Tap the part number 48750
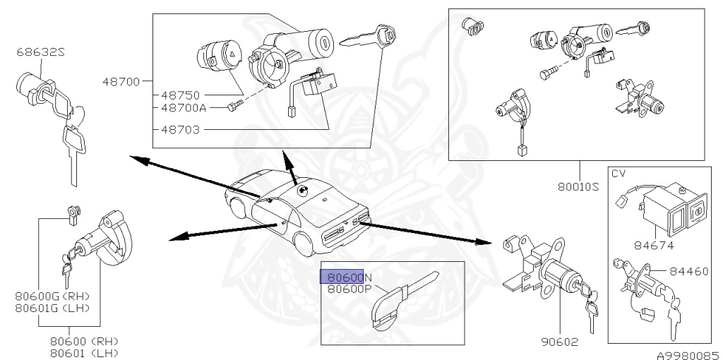tap(181, 95)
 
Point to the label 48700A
tap(184, 107)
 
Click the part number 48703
tap(181, 130)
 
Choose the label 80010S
tap(578, 186)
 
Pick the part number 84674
tap(653, 246)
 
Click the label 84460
tap(688, 270)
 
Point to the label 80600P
tap(349, 288)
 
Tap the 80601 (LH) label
tap(84, 352)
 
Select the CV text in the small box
tap(619, 174)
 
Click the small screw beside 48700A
tap(235, 107)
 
